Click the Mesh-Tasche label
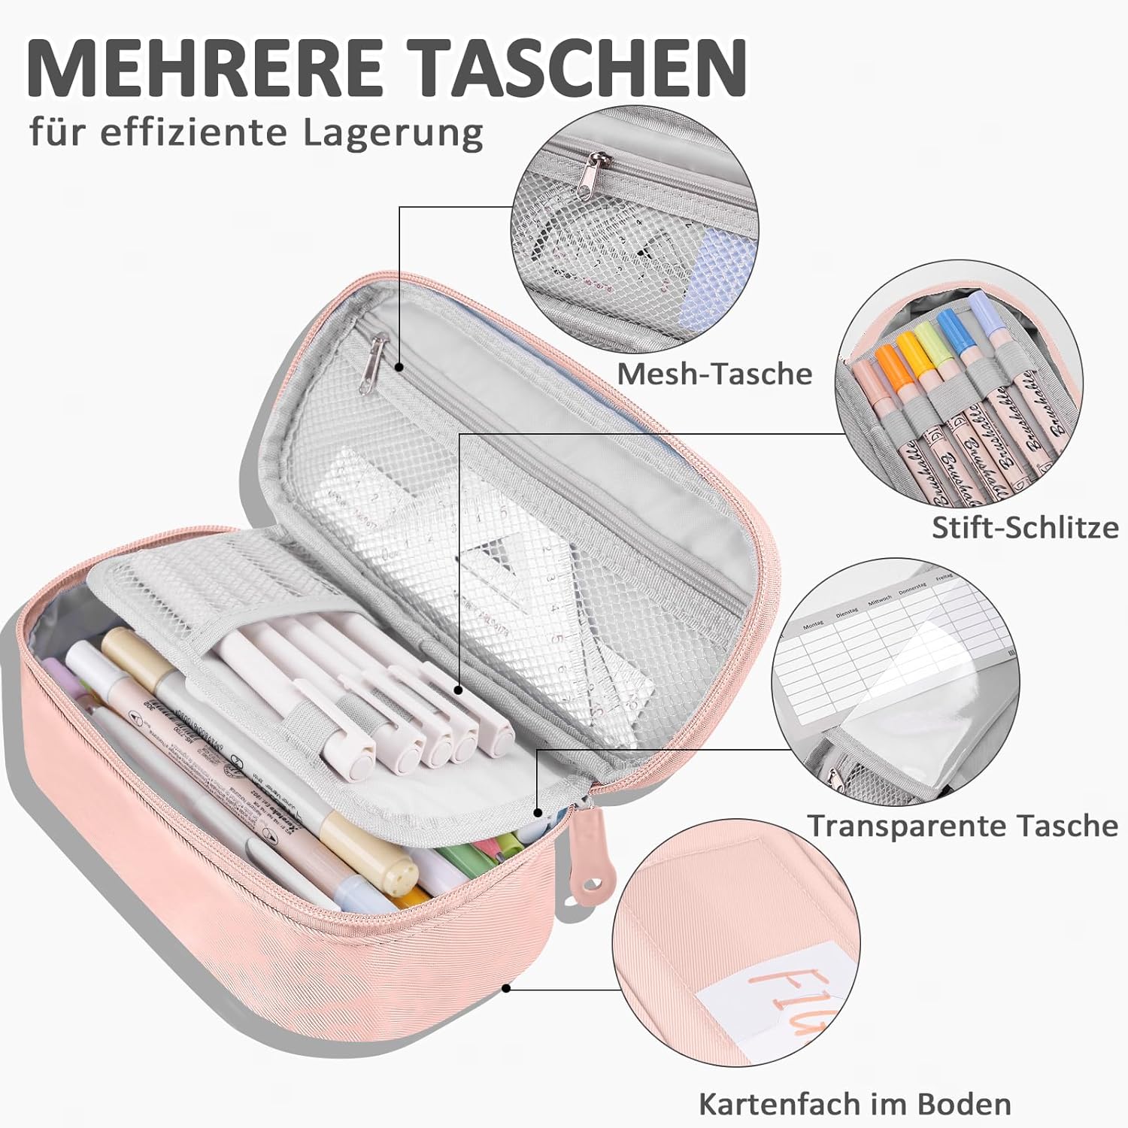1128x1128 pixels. [x=714, y=374]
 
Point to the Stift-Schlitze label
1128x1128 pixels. [x=1025, y=527]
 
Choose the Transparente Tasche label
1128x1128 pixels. [x=963, y=826]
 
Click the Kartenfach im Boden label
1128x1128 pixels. [x=854, y=1104]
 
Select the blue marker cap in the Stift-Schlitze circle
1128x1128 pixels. [x=949, y=334]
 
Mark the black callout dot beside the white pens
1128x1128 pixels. [x=458, y=689]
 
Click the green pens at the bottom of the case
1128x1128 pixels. [x=459, y=857]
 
